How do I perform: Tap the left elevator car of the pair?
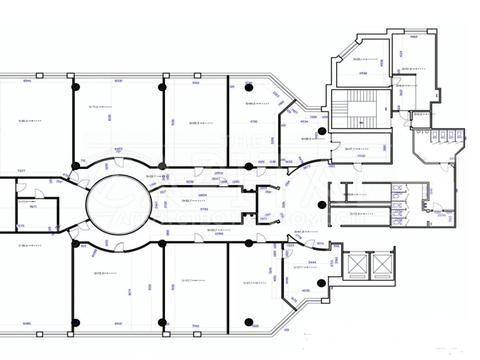355,265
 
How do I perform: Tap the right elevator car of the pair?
384,265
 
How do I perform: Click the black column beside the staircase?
321,131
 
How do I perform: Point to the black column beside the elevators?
321,284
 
